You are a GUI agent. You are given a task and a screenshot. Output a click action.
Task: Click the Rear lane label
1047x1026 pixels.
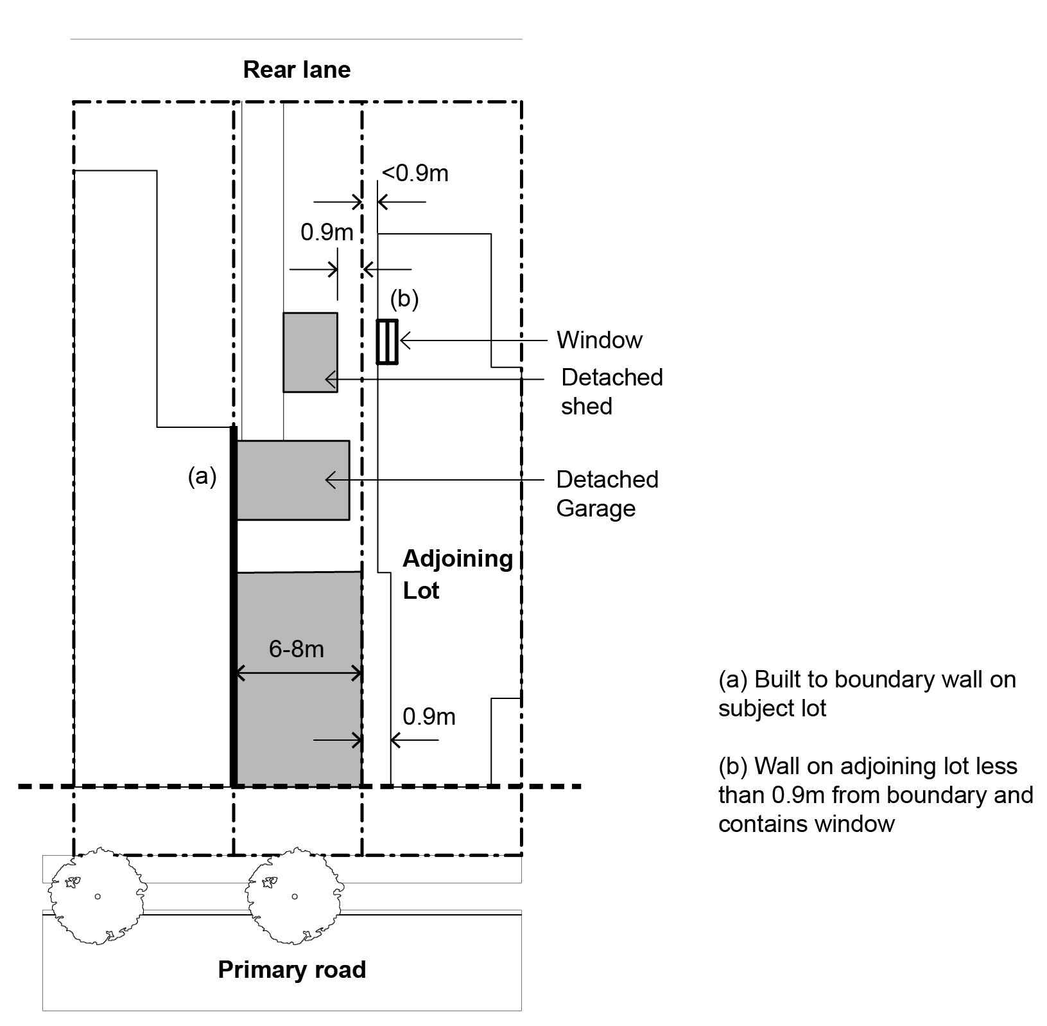pyautogui.click(x=297, y=70)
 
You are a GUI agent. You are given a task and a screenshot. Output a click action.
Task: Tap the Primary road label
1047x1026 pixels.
pyautogui.click(x=291, y=969)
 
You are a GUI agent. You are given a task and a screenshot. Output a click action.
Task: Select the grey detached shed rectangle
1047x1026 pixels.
pyautogui.click(x=310, y=352)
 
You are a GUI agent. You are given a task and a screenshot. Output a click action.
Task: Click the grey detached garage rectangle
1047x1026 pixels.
pyautogui.click(x=293, y=480)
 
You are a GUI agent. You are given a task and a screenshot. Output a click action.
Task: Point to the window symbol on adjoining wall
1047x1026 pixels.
pyautogui.click(x=387, y=341)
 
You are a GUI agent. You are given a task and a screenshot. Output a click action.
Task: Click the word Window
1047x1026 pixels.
pyautogui.click(x=599, y=340)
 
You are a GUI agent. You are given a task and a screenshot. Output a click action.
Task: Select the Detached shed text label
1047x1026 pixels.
pyautogui.click(x=611, y=391)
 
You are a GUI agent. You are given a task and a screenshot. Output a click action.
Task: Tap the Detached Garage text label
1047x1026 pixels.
pyautogui.click(x=607, y=493)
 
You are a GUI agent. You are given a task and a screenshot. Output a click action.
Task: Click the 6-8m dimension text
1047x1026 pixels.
pyautogui.click(x=296, y=649)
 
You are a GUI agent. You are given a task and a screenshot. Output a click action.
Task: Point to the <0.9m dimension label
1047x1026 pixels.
pyautogui.click(x=415, y=173)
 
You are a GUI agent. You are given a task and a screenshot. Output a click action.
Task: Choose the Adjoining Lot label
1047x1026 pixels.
pyautogui.click(x=457, y=574)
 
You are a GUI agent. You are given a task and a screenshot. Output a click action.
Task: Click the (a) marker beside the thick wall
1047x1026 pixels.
pyautogui.click(x=202, y=476)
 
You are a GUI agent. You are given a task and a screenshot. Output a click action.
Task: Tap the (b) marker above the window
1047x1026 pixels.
pyautogui.click(x=404, y=299)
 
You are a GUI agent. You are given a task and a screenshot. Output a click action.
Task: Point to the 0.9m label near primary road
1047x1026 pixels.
pyautogui.click(x=429, y=716)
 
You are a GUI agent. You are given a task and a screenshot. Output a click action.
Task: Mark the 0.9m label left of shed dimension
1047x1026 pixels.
pyautogui.click(x=327, y=232)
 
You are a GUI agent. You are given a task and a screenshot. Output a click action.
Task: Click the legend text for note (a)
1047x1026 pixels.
pyautogui.click(x=867, y=694)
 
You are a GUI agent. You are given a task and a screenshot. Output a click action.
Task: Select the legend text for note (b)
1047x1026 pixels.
pyautogui.click(x=875, y=795)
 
